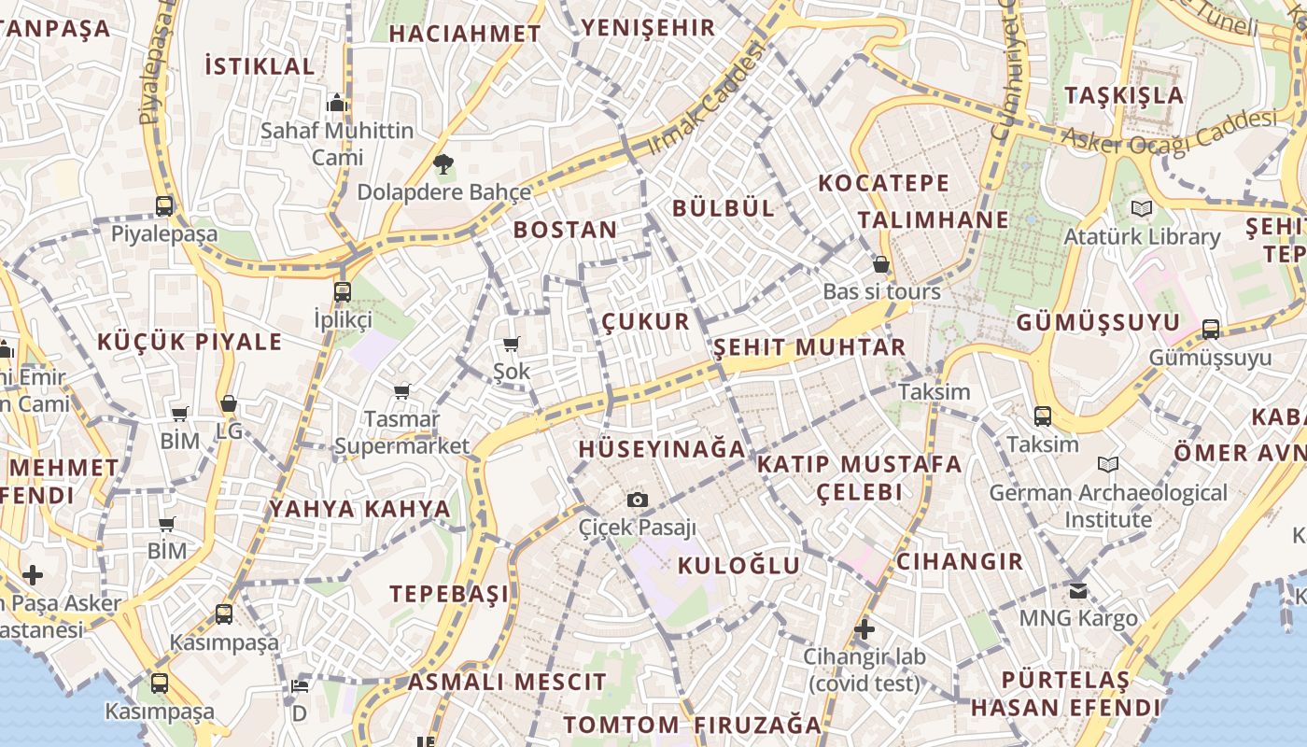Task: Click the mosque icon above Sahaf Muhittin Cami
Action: click(337, 102)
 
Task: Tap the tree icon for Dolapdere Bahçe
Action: click(443, 165)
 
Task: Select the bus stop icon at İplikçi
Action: click(343, 291)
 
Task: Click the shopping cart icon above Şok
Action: click(511, 345)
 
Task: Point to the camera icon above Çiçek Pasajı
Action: click(638, 500)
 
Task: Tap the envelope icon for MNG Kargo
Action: click(1078, 590)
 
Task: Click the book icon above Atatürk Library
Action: click(1141, 208)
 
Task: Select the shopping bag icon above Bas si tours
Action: click(880, 264)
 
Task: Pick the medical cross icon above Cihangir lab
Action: click(864, 628)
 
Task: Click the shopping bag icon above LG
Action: click(229, 403)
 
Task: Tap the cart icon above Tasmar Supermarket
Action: click(401, 391)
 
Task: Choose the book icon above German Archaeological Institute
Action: click(1108, 464)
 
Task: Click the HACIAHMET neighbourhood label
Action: click(465, 34)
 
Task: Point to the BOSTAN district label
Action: click(565, 230)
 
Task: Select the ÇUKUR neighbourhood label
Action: click(645, 322)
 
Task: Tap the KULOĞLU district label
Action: click(738, 565)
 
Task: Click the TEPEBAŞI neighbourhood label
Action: click(449, 594)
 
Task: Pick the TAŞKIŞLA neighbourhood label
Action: click(1124, 95)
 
